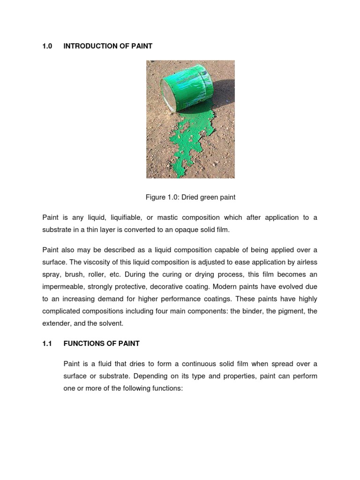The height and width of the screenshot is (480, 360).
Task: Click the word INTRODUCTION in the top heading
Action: [x=87, y=46]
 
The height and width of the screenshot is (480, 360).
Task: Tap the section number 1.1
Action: [x=47, y=344]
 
